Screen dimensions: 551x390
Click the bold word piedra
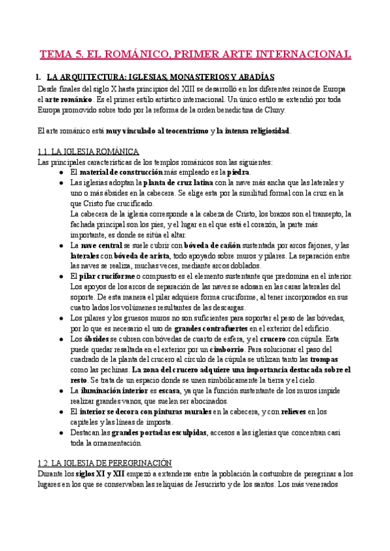tap(238, 172)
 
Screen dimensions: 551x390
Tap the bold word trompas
tap(323, 359)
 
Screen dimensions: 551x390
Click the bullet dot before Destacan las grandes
tap(60, 432)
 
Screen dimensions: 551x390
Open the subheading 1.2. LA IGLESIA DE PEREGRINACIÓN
tap(104, 463)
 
